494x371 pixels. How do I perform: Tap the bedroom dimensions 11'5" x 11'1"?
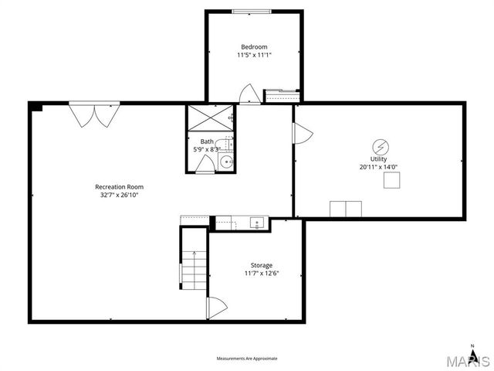(254, 55)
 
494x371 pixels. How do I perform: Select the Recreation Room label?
(119, 186)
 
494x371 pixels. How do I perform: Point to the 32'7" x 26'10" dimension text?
(119, 195)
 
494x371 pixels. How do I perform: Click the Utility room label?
(378, 158)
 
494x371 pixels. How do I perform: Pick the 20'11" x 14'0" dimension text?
(378, 167)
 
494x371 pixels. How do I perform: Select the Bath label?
(207, 141)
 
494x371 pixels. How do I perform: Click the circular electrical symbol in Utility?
(379, 146)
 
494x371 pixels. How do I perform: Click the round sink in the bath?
(226, 162)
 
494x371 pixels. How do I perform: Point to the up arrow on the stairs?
(194, 254)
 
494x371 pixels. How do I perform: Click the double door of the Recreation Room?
(95, 115)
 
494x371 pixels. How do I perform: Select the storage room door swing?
(215, 308)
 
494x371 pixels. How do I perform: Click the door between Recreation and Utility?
(302, 134)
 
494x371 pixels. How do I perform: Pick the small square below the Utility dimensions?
(392, 181)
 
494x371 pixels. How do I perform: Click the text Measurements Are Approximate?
(246, 359)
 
